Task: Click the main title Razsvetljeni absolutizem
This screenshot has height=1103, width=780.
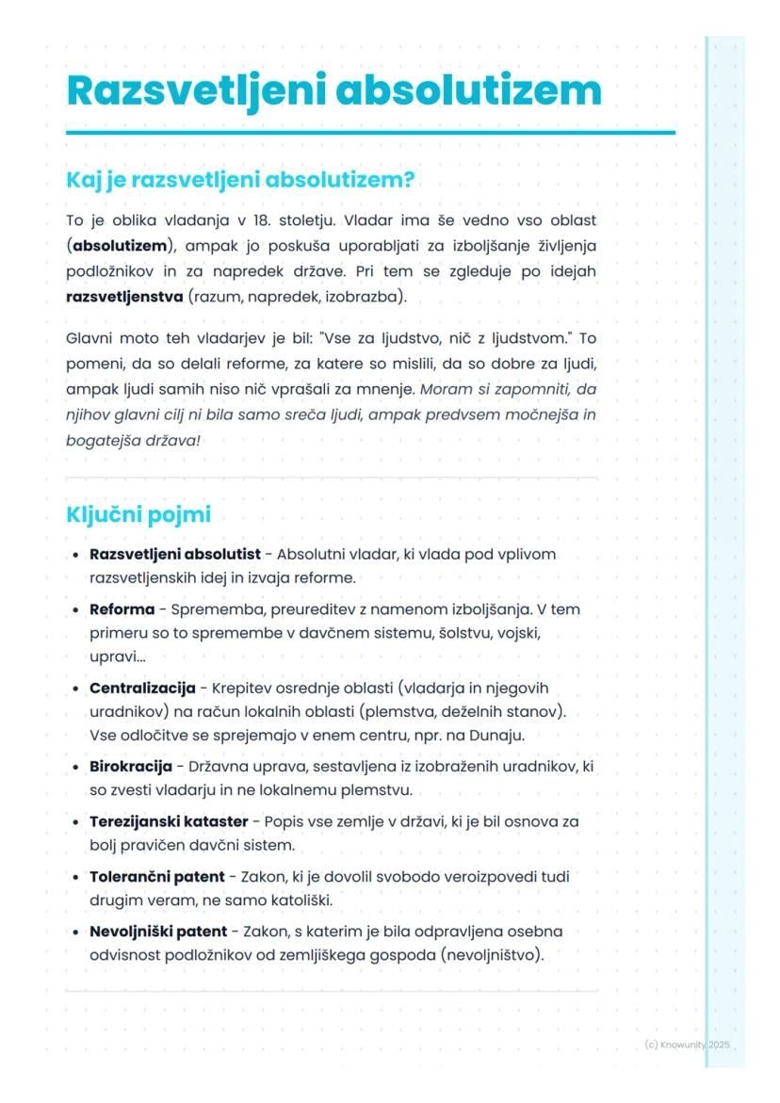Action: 333,91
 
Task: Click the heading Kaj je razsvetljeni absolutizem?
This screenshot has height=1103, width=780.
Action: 240,180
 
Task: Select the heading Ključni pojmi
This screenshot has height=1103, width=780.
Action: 138,515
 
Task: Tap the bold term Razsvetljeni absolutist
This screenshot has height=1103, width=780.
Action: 174,554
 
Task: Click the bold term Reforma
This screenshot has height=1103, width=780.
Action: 122,609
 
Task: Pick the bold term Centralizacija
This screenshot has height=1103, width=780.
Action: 142,689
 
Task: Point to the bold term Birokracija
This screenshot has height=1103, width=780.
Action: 130,767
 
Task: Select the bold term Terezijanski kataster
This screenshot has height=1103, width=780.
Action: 169,821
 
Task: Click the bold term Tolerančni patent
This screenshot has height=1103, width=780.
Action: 156,876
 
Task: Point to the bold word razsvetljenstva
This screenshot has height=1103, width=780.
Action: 124,297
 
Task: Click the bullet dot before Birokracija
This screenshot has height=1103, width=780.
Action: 75,768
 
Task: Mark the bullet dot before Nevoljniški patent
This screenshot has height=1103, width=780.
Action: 75,933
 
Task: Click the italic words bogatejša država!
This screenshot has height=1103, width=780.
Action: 133,440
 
